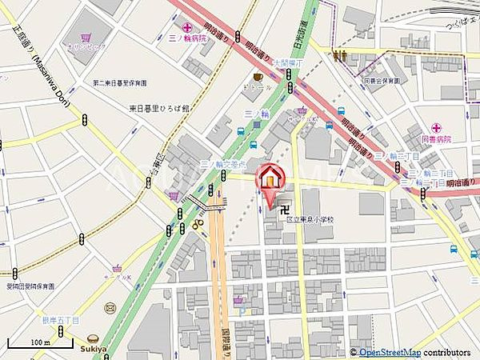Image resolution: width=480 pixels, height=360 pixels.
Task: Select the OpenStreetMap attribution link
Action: click(x=390, y=352)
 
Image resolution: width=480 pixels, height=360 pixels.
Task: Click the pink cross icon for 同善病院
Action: click(x=437, y=127)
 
